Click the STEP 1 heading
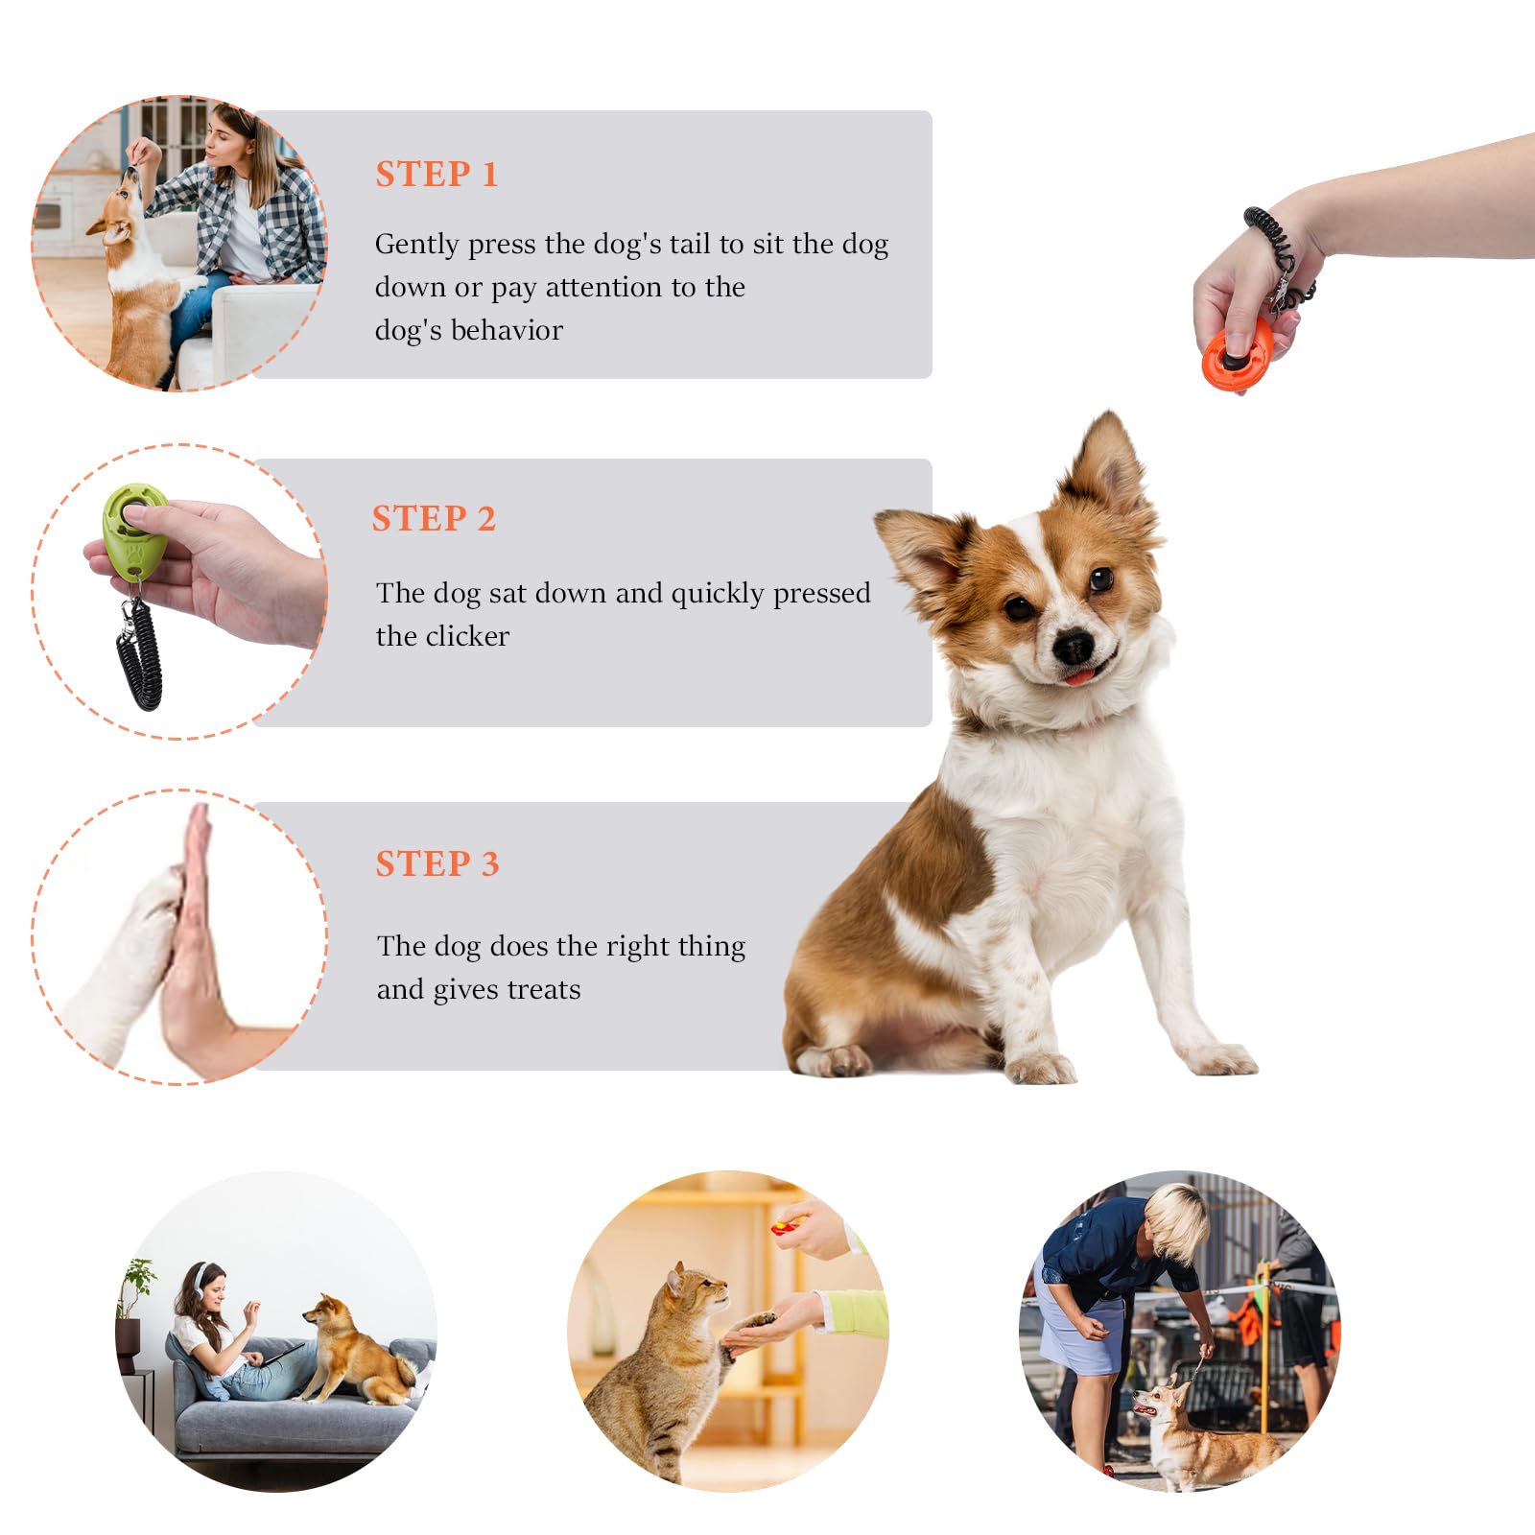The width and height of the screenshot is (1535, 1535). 437,175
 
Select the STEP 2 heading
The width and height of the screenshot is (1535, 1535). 434,519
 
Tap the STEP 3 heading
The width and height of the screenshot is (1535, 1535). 437,863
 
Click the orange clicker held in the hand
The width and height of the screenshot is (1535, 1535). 1237,356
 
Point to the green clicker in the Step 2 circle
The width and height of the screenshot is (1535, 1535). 134,532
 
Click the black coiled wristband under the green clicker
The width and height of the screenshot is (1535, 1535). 140,652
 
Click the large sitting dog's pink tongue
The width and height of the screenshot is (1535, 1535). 1080,677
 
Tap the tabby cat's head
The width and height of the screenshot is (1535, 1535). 696,1291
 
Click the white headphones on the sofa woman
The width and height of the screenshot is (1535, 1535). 202,1281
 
